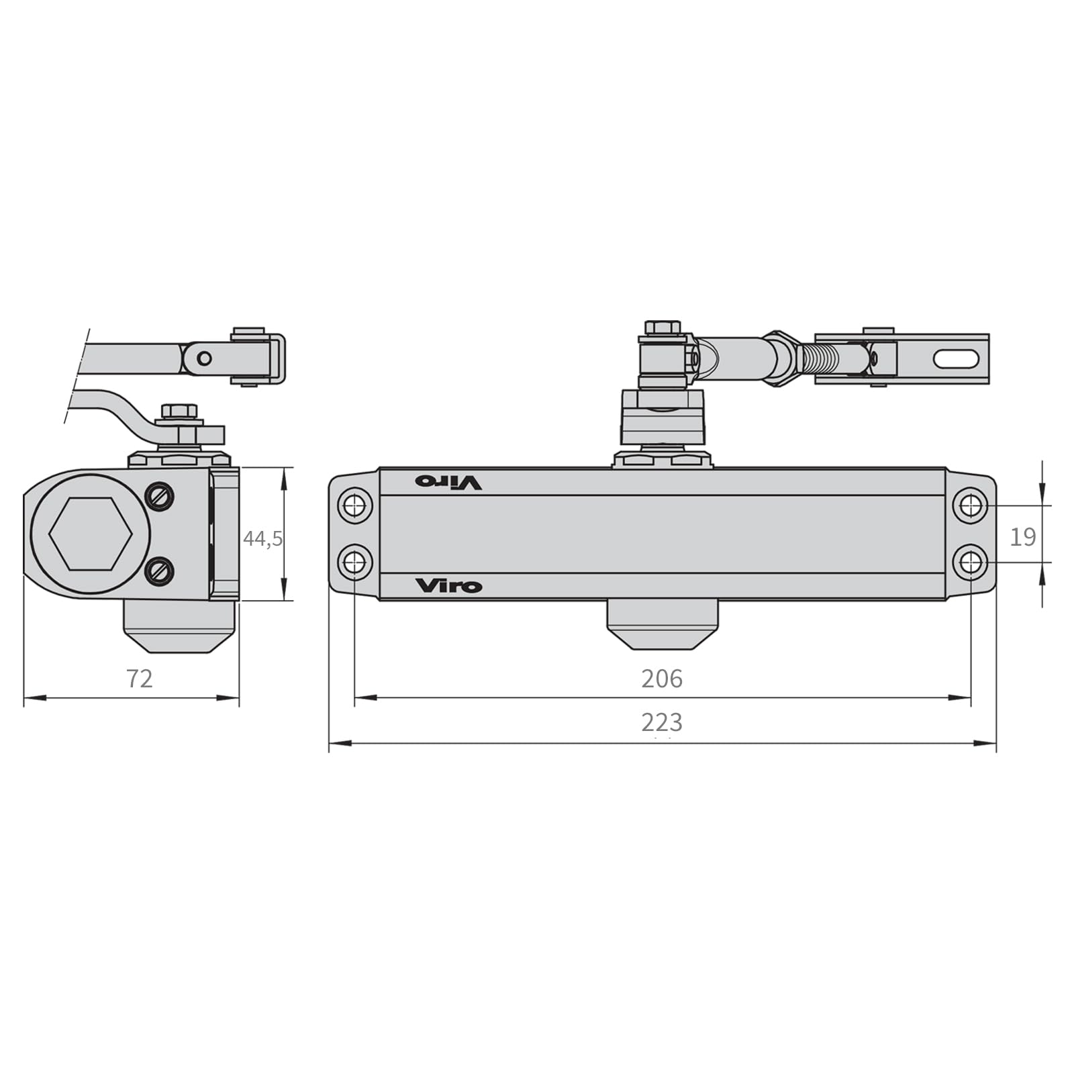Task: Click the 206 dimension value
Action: [x=662, y=679]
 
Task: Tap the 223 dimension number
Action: [x=662, y=722]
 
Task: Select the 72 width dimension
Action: [x=140, y=679]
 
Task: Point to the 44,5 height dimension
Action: [x=262, y=538]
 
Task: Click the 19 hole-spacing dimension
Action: [x=1023, y=537]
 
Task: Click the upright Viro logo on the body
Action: [x=448, y=586]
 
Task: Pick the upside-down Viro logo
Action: [x=448, y=482]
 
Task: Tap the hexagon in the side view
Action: [x=90, y=534]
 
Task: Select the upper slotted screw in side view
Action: [x=160, y=497]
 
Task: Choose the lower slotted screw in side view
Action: [x=160, y=572]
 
